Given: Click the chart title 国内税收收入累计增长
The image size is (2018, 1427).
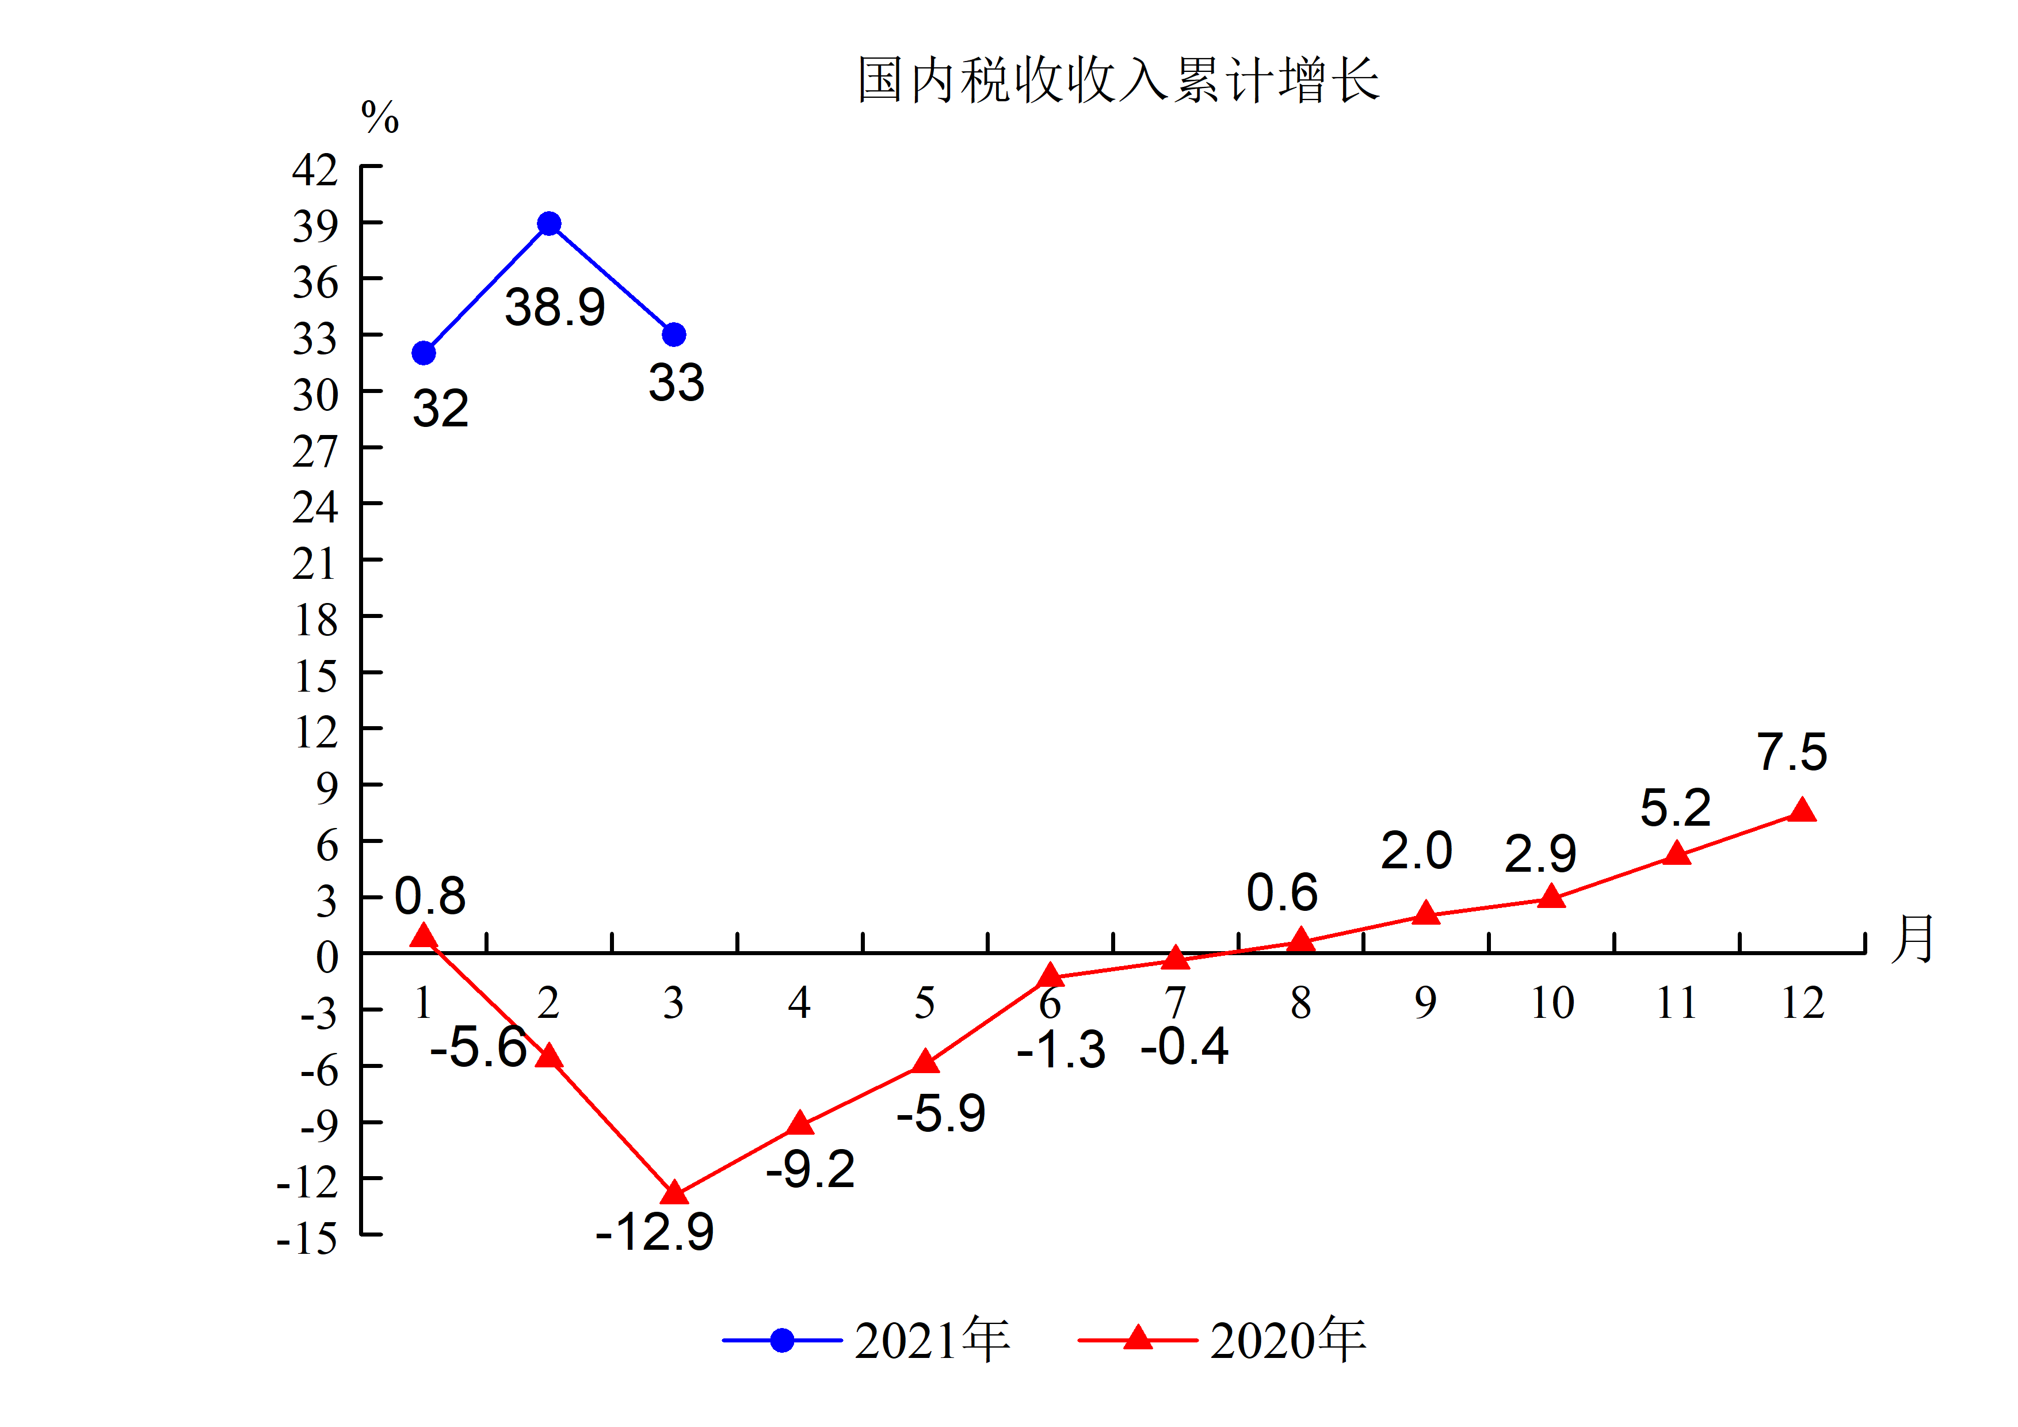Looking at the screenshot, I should (x=1118, y=80).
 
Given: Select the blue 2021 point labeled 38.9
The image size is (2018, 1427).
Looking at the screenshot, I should (x=550, y=224).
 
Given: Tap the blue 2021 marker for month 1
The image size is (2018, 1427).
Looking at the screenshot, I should (x=424, y=353).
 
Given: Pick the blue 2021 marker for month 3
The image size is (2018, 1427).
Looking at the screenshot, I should (x=674, y=335).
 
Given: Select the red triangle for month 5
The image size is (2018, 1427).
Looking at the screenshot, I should (x=925, y=1062).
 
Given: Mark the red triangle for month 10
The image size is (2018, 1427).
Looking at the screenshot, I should (x=1551, y=897).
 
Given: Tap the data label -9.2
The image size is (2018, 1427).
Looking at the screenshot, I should (x=810, y=1170).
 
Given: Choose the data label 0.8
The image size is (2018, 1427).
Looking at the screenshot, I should (x=430, y=896).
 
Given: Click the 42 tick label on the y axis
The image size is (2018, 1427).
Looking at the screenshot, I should (x=315, y=170).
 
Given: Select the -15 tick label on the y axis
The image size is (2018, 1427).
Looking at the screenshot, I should (x=307, y=1239).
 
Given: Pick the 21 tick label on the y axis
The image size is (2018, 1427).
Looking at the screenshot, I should (x=315, y=563).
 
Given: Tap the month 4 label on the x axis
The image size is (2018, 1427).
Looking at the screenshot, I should (x=799, y=1002).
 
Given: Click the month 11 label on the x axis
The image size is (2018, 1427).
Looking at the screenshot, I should (x=1676, y=1002).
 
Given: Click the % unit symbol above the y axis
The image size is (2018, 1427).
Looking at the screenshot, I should (x=380, y=117).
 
